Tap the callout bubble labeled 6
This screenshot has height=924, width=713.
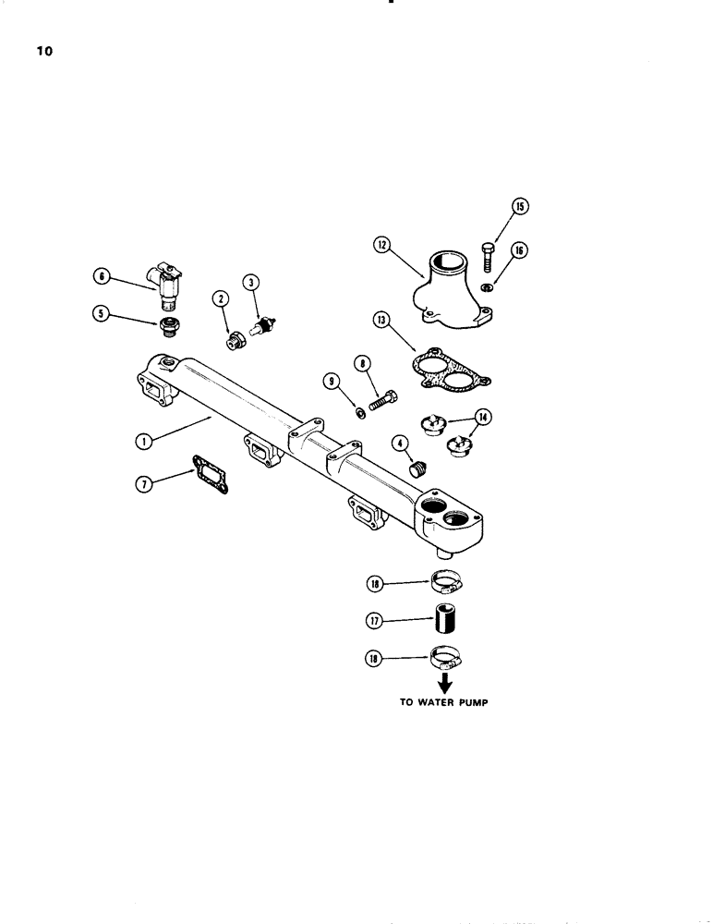point(101,274)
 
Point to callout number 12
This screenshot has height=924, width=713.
point(382,245)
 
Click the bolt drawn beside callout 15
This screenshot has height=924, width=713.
point(489,253)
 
